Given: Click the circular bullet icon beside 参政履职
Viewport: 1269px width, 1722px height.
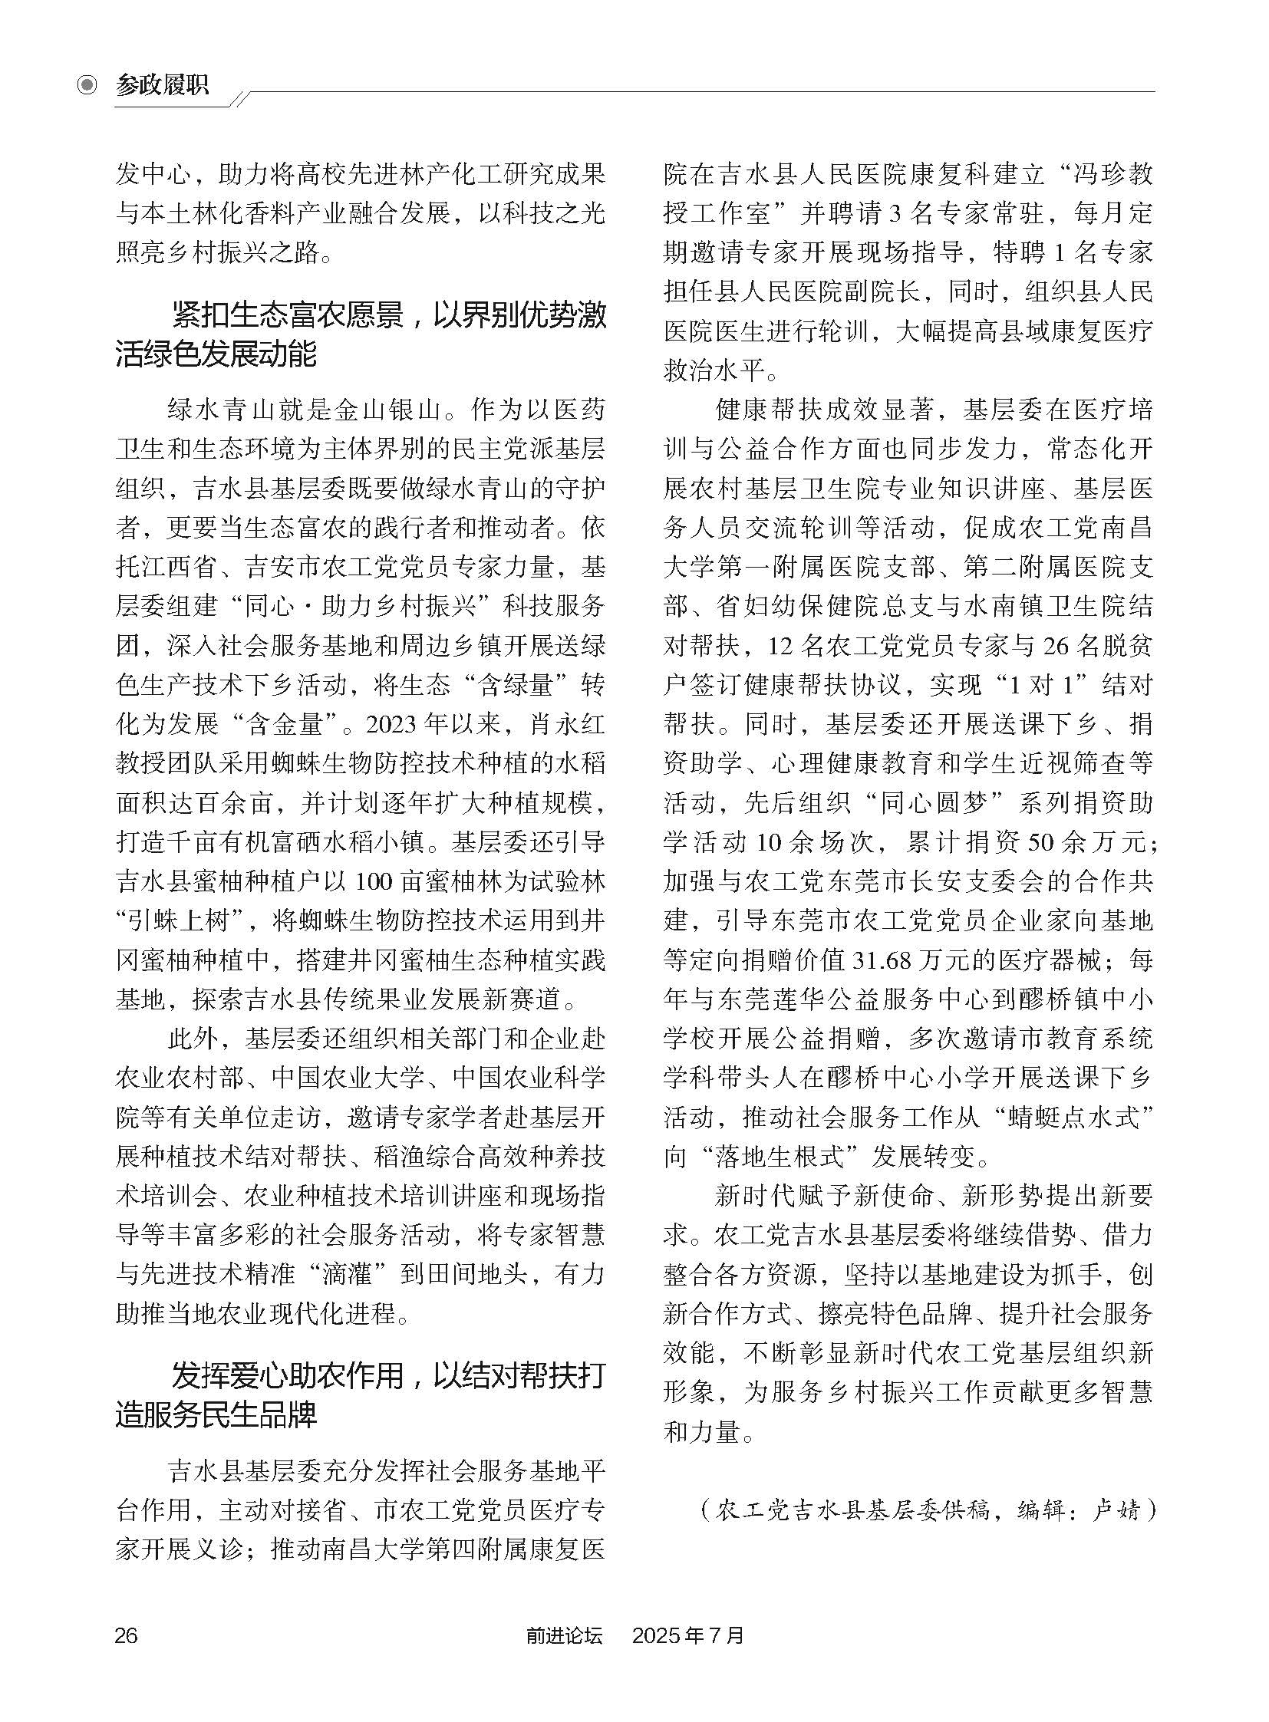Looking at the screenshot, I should (x=88, y=84).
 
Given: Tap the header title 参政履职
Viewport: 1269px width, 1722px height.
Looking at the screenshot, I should (x=162, y=84).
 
